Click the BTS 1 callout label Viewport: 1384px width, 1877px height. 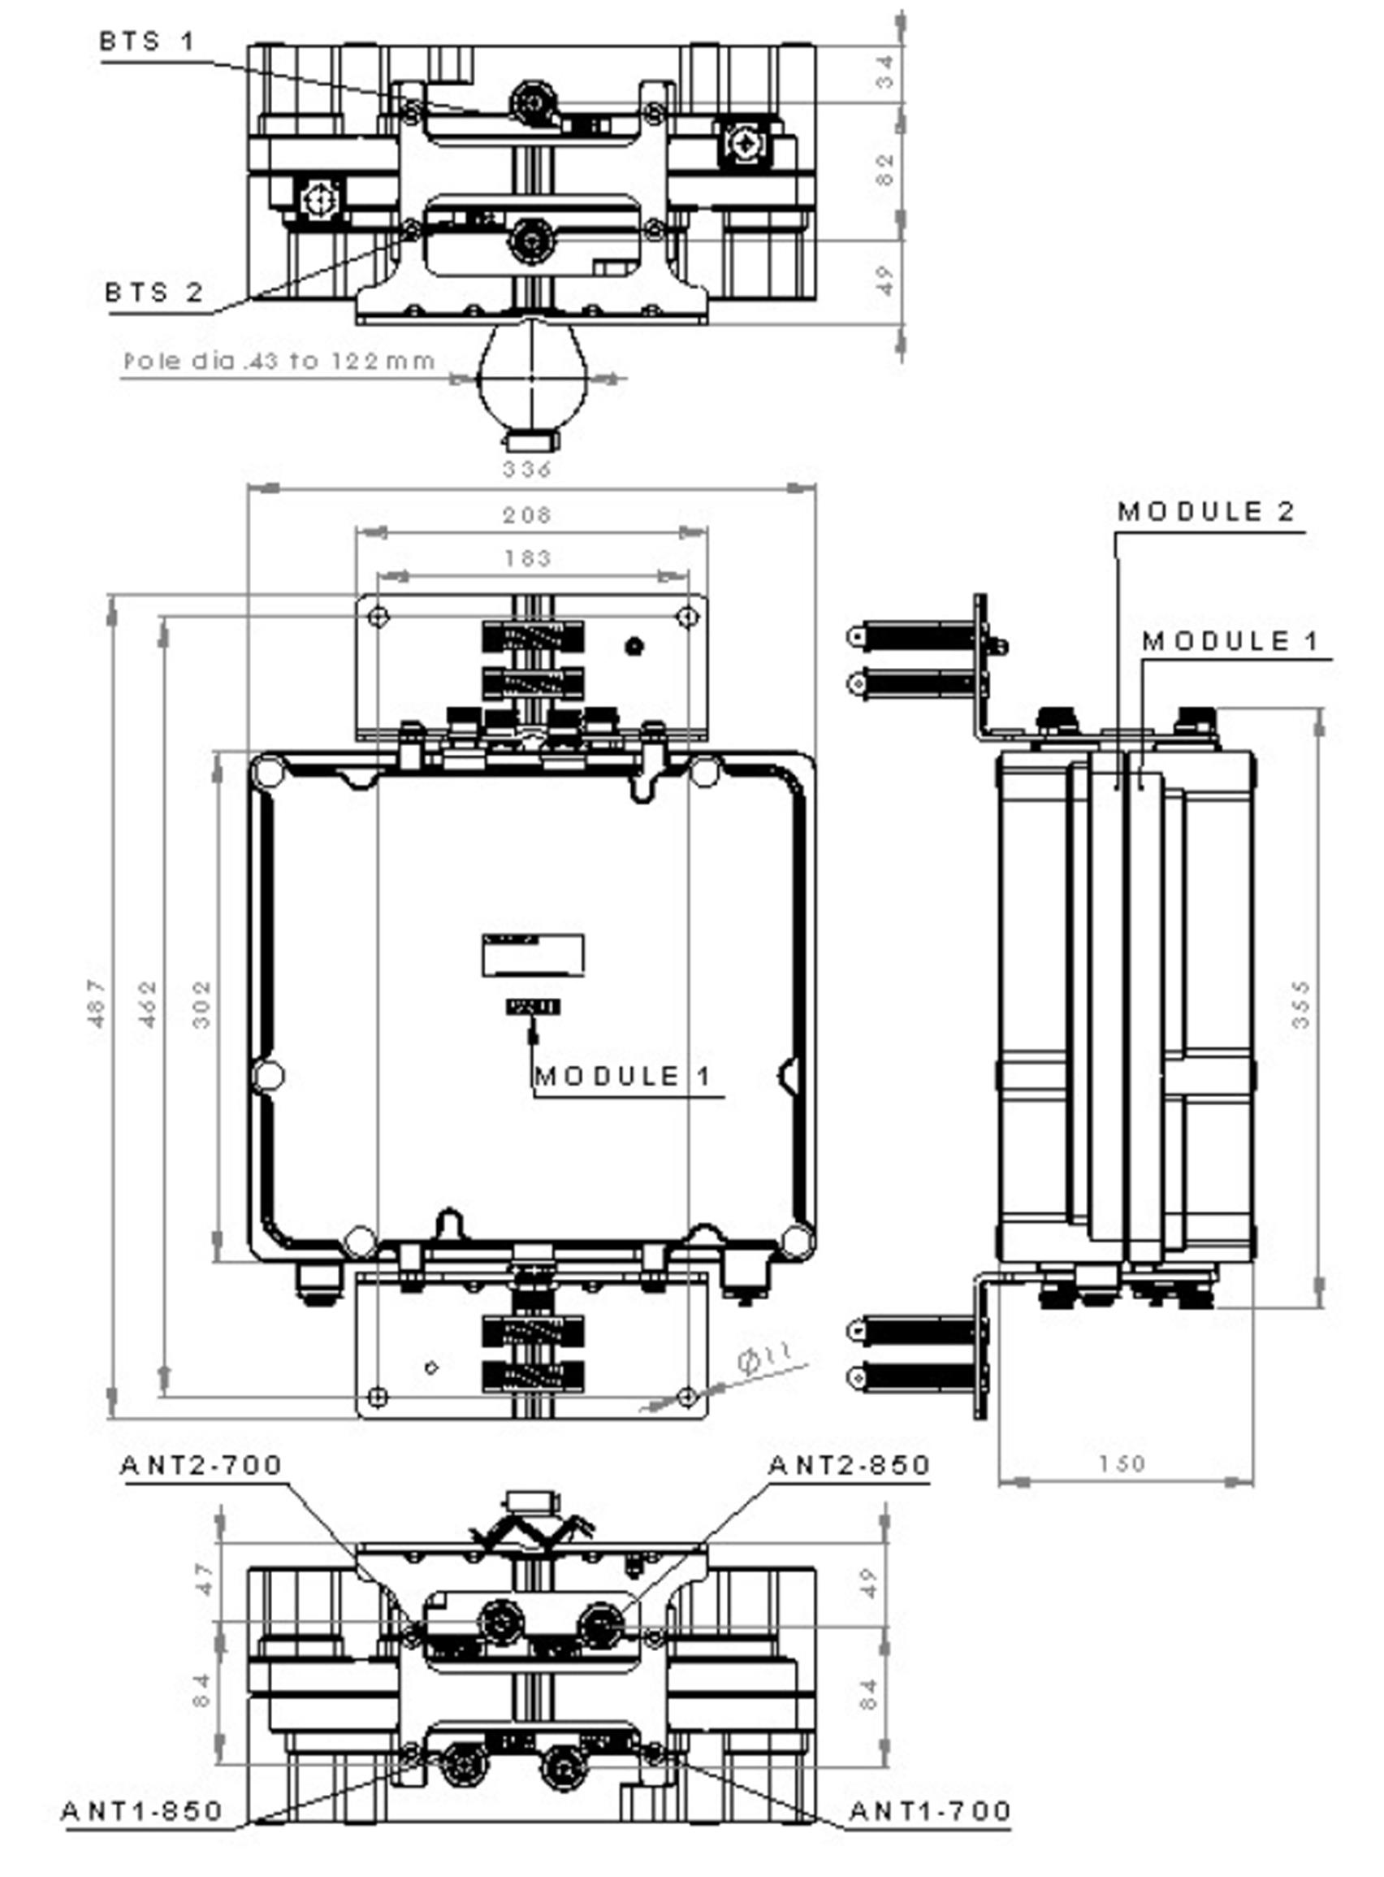pyautogui.click(x=147, y=41)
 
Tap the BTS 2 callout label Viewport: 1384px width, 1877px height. pyautogui.click(x=154, y=293)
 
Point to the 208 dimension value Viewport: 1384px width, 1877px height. pyautogui.click(x=527, y=514)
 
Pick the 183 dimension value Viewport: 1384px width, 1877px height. pyautogui.click(x=528, y=558)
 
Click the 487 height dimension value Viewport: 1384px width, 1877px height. pyautogui.click(x=97, y=1003)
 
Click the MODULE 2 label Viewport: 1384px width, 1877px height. pyautogui.click(x=1206, y=511)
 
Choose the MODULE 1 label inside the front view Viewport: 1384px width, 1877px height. pyautogui.click(x=622, y=1076)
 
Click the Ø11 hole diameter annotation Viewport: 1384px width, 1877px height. pyautogui.click(x=764, y=1357)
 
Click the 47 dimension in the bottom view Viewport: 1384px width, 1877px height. pyautogui.click(x=204, y=1579)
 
